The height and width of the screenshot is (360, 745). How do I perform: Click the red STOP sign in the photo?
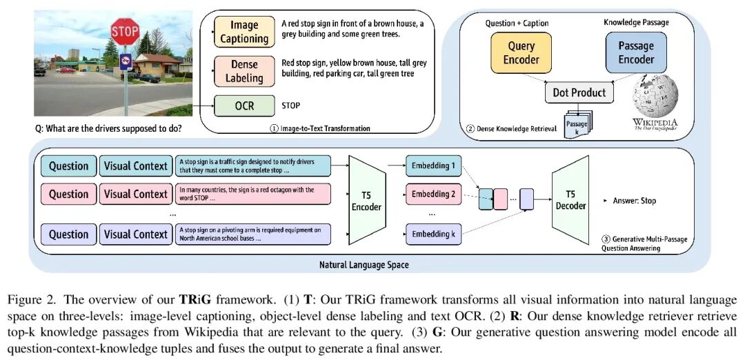[125, 32]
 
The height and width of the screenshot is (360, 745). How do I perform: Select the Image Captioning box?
[244, 32]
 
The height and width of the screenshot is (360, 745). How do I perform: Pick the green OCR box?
[244, 106]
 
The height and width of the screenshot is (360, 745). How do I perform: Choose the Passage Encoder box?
[635, 52]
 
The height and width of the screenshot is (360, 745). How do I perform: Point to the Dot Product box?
[579, 92]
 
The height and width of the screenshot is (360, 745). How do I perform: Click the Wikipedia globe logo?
[655, 97]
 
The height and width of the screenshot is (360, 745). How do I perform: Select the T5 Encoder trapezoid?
[366, 200]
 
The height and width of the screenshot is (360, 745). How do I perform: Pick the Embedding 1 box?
[433, 166]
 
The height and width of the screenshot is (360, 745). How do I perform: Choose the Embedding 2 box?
[433, 194]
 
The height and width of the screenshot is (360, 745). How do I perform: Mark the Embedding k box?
[433, 234]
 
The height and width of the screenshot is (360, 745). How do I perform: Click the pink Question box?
[69, 194]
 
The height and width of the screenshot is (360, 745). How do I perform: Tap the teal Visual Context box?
[136, 166]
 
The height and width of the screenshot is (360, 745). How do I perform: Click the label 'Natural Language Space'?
[364, 265]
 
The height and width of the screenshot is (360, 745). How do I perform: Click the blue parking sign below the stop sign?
[125, 62]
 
